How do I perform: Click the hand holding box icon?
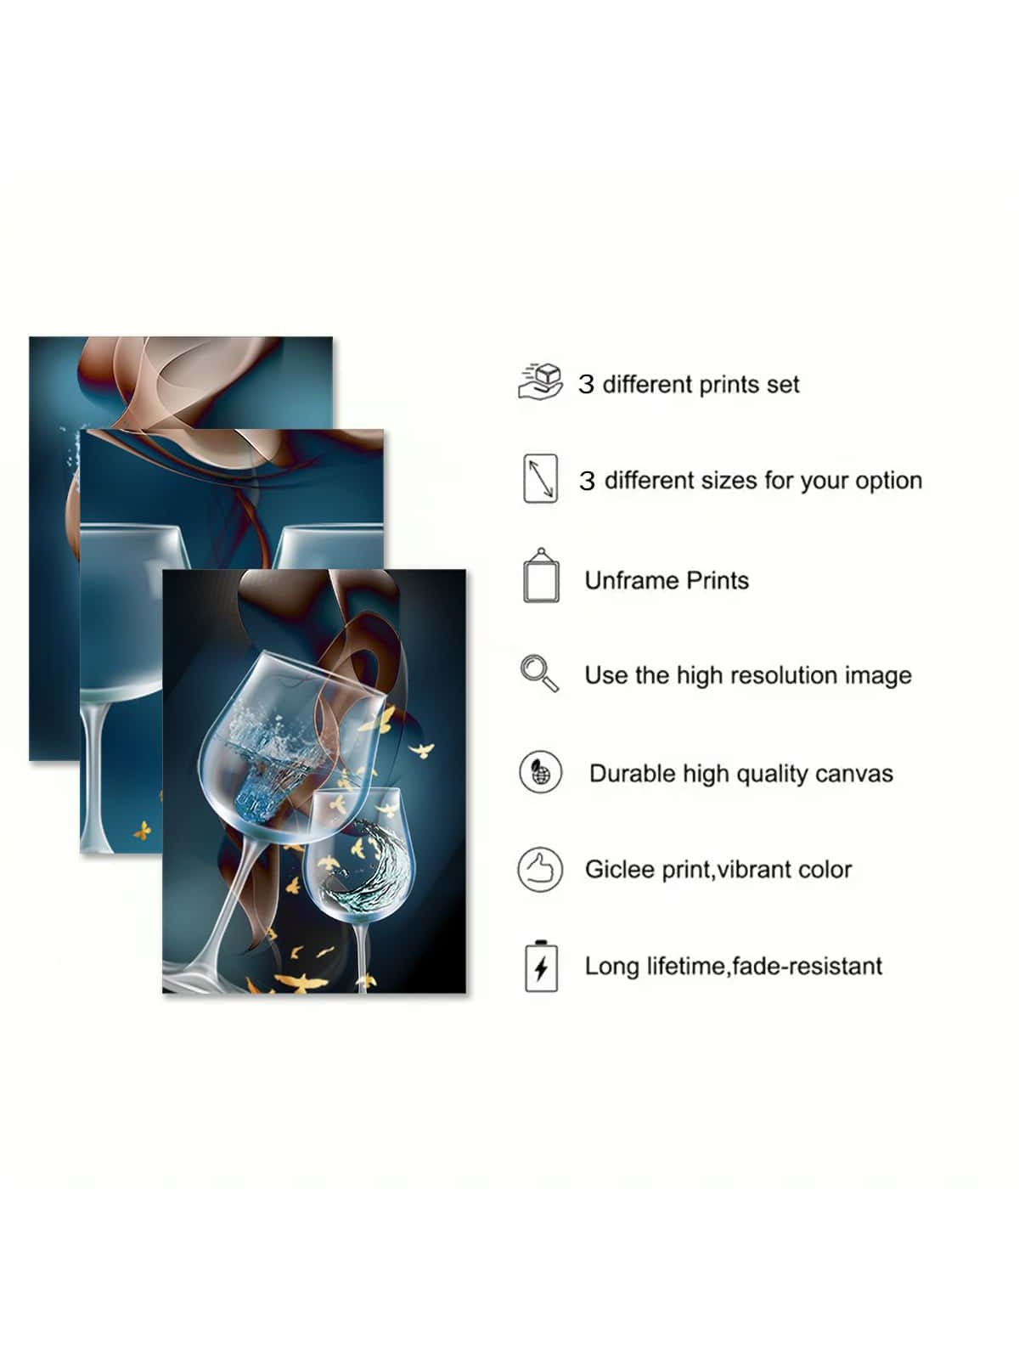540,381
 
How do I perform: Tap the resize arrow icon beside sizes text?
540,478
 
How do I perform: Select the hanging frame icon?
542,575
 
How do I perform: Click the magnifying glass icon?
539,673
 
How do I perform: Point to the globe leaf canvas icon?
540,772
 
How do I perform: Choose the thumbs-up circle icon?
540,869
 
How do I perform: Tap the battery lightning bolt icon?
541,967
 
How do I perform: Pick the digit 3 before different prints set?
586,385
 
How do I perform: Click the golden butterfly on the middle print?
143,830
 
